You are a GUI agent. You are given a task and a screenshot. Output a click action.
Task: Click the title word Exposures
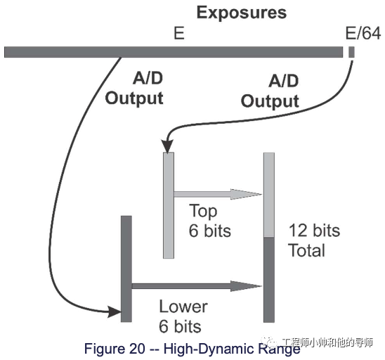tap(241, 12)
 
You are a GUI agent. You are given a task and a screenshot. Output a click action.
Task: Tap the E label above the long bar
tap(179, 33)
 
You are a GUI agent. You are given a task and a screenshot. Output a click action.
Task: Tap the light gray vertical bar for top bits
tap(168, 204)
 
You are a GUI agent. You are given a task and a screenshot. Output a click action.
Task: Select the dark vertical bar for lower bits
tap(126, 268)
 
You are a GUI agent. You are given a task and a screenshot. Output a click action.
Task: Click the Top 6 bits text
tap(207, 221)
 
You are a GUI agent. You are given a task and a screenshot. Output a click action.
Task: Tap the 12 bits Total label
tap(313, 240)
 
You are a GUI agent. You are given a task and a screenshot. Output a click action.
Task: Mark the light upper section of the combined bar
tap(268, 195)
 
